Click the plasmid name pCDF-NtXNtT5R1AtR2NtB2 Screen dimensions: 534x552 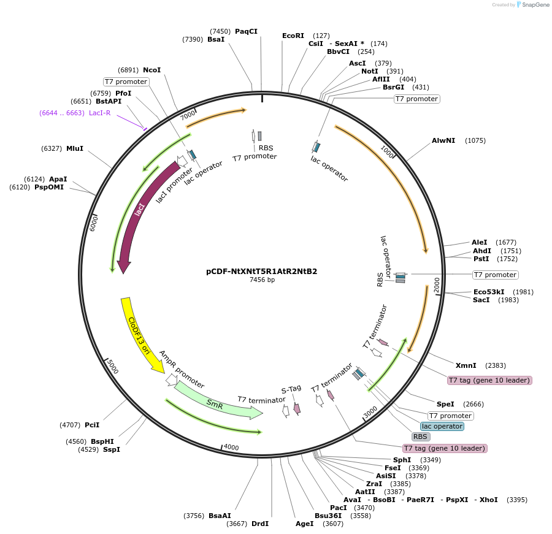click(262, 271)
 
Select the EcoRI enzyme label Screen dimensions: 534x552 click(293, 36)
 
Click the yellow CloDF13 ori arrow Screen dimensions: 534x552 click(139, 334)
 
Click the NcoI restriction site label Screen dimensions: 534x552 click(151, 70)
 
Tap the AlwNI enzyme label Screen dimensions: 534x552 click(443, 140)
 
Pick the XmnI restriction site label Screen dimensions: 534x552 click(466, 365)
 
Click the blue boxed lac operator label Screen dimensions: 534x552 click(442, 426)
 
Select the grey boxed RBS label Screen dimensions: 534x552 click(420, 437)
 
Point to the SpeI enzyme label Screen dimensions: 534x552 click(445, 404)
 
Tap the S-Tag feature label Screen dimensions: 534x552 click(291, 389)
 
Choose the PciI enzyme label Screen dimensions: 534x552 click(92, 424)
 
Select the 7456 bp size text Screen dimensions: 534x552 click(262, 280)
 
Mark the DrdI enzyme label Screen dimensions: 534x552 click(260, 524)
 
